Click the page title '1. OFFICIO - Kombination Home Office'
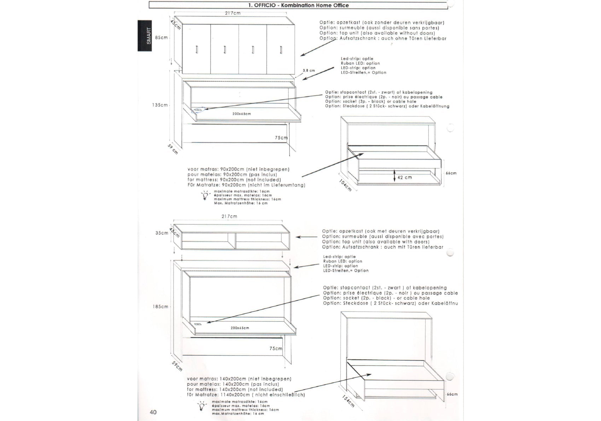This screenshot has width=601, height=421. pos(298,5)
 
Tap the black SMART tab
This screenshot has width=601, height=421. pos(145,36)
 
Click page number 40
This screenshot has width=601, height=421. pos(153,412)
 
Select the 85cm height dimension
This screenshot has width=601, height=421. pos(162,38)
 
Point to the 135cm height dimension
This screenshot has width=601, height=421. pos(160,105)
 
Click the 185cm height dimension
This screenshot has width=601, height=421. pos(161,307)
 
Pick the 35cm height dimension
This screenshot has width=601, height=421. pos(162,233)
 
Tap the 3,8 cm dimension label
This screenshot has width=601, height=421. pos(309,71)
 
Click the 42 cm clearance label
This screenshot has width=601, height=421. pos(404,178)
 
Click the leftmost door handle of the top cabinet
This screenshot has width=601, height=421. pos(197,50)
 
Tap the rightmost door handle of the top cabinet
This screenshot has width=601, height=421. pos(281,50)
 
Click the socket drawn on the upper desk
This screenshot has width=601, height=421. pos(198,110)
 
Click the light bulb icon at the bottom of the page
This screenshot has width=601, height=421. pos(202,406)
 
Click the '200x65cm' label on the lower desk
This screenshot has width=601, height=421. pos(240,328)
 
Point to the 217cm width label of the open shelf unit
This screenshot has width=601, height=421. pos(229,216)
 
